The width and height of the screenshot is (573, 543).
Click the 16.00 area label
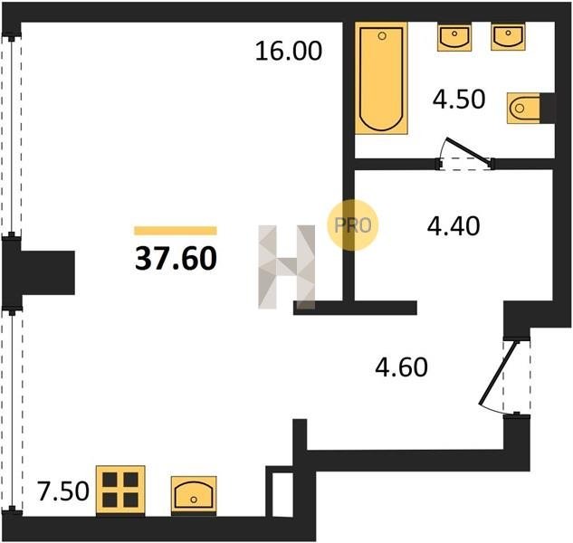289,51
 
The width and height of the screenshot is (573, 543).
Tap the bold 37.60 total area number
176,258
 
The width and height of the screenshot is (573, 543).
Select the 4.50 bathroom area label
459,99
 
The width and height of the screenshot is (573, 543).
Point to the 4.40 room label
454,226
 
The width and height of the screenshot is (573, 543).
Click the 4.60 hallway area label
401,367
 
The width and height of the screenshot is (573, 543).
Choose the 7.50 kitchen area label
63,491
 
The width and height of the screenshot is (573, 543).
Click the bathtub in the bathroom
381,78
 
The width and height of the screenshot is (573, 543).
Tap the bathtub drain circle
382,36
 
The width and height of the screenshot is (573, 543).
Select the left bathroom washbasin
454,36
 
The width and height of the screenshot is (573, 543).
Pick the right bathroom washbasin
508,36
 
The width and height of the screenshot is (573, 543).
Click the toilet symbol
523,109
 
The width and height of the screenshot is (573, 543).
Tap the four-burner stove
120,490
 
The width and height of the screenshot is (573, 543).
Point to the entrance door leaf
499,373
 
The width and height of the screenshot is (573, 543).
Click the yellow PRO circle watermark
353,225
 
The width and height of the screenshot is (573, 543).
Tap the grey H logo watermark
286,267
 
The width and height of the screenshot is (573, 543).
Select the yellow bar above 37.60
176,231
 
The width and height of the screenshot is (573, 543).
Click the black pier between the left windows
38,272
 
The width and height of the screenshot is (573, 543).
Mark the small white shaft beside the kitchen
282,494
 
